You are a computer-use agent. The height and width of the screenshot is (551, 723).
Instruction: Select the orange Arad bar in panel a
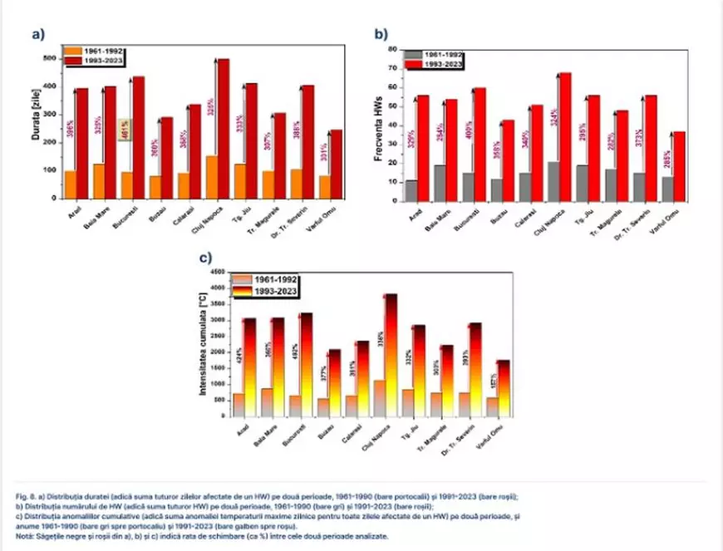point(71,184)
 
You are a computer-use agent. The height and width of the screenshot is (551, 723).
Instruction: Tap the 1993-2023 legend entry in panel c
point(276,292)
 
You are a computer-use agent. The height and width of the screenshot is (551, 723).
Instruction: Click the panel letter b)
point(381,34)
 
